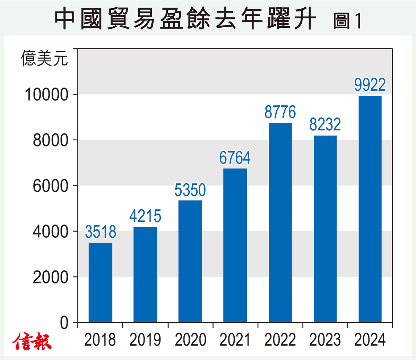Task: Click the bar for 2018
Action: click(101, 282)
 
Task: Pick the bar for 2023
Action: click(325, 229)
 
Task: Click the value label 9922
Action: click(370, 85)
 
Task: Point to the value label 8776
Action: click(280, 112)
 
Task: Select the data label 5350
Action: click(190, 190)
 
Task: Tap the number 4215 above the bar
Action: click(145, 217)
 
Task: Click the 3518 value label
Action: click(101, 232)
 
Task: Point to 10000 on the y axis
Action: click(46, 95)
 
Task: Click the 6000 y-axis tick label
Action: click(51, 186)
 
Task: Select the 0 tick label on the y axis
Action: click(64, 323)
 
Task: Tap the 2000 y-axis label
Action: click(51, 277)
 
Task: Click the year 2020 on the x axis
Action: click(190, 340)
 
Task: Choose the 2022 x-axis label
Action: click(280, 340)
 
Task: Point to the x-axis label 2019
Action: click(145, 340)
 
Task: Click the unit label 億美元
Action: click(44, 58)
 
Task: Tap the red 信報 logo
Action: click(32, 342)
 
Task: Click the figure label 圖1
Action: click(347, 21)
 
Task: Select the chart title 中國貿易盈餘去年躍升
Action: click(185, 19)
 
